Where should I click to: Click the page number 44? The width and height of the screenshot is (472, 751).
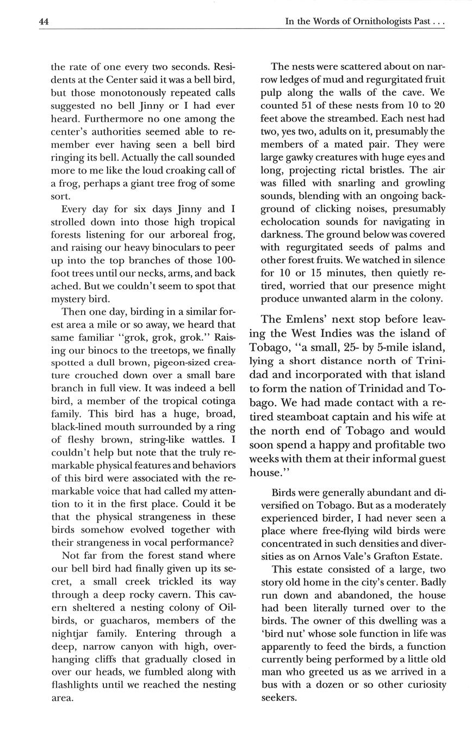point(44,22)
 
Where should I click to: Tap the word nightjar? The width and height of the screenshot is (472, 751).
point(72,633)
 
